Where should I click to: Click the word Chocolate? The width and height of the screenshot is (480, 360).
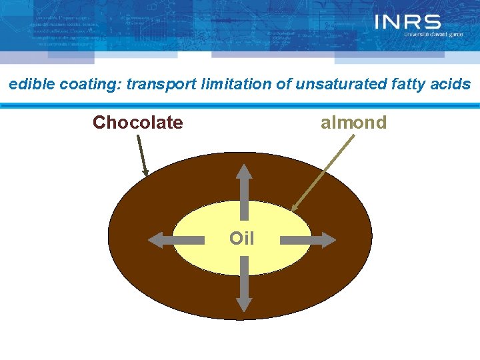(137, 123)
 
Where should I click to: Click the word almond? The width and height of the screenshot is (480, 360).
(353, 123)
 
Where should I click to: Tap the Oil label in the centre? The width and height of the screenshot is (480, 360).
(241, 238)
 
